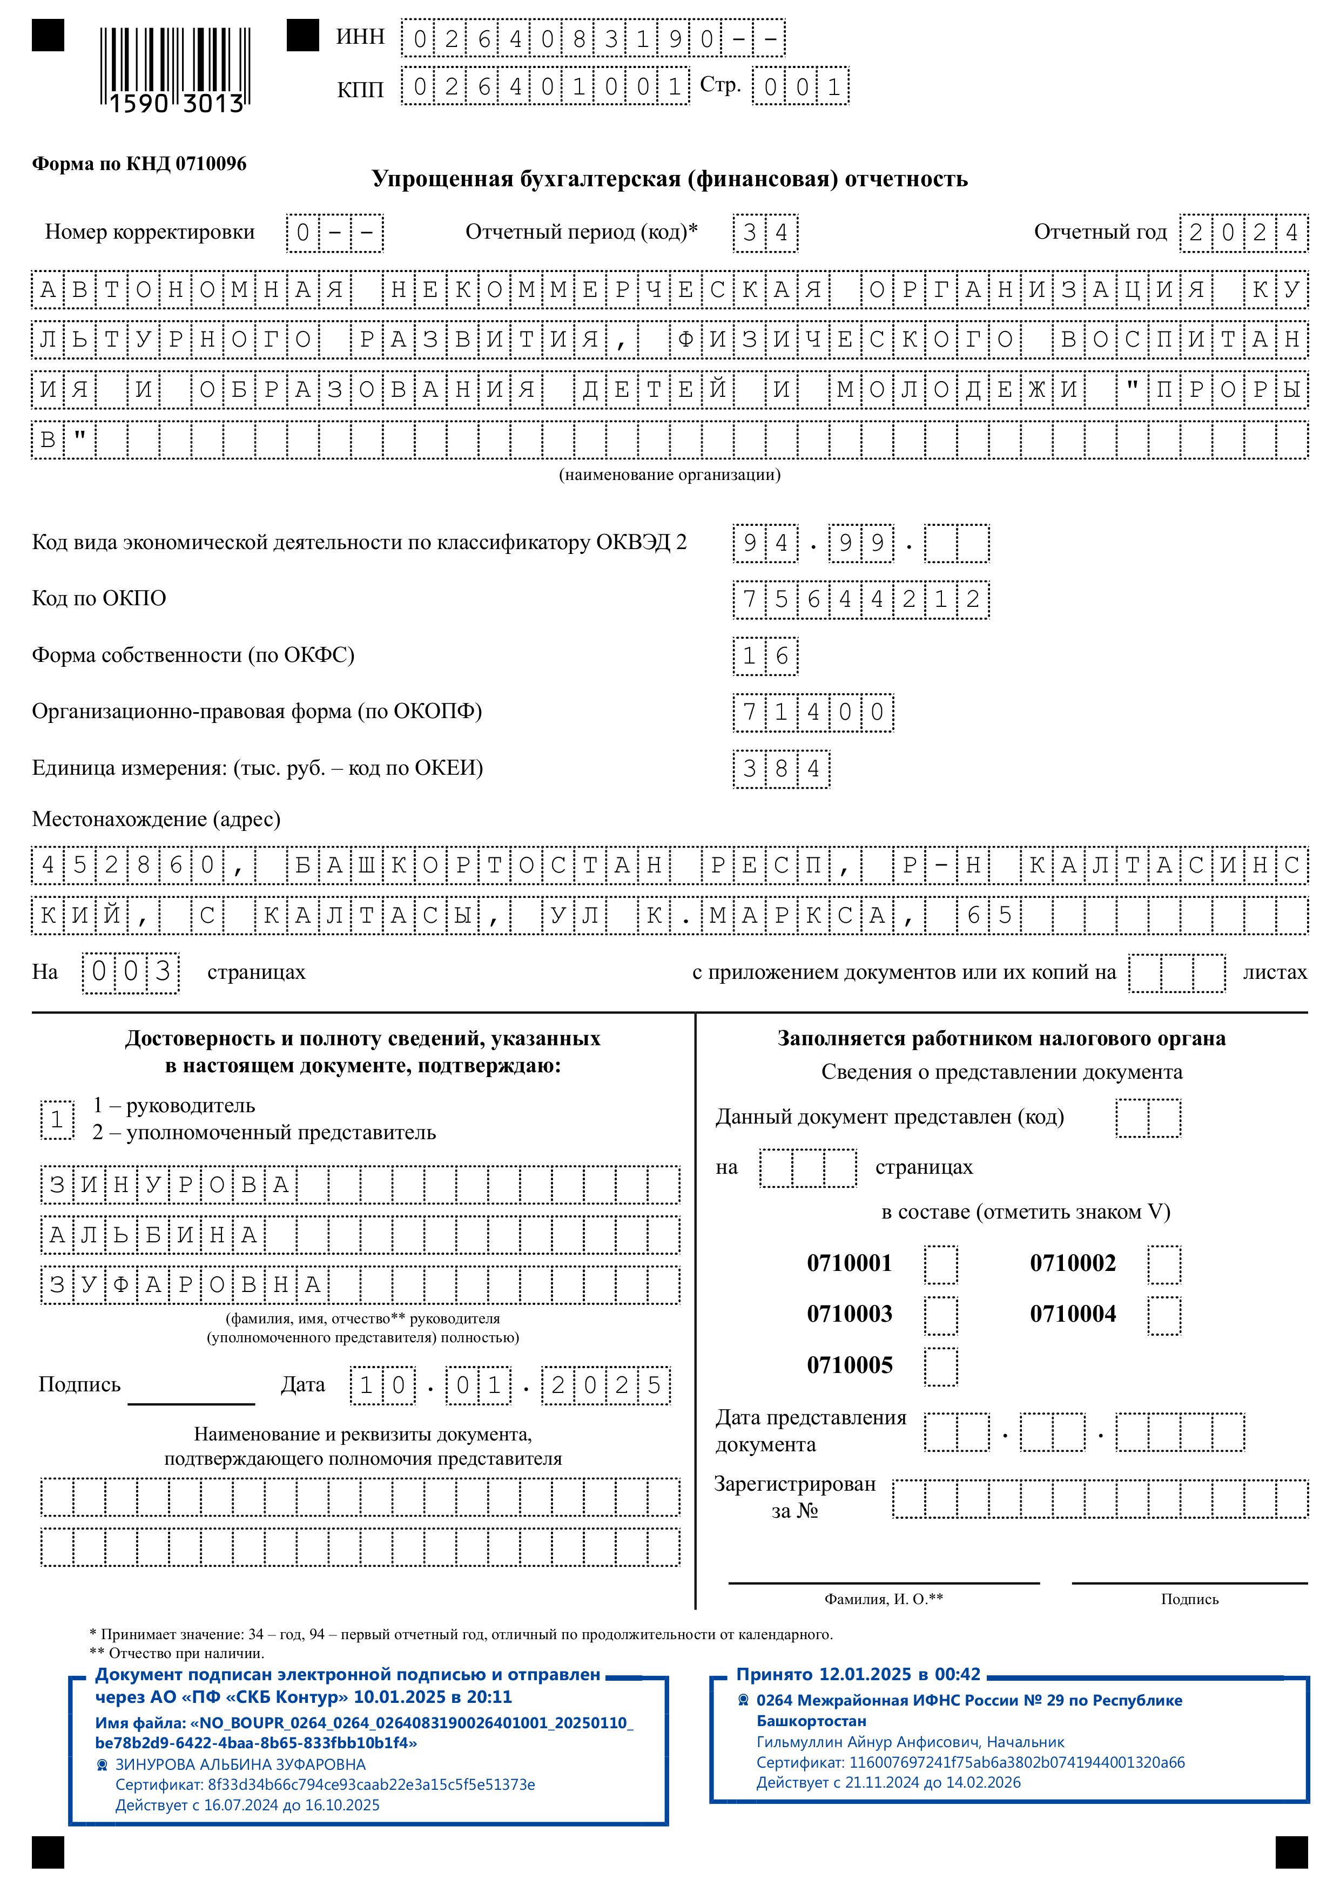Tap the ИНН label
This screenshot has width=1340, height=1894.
tap(361, 37)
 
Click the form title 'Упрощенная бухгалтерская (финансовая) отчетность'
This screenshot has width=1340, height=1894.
tap(669, 179)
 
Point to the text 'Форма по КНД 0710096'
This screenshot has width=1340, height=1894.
tap(139, 164)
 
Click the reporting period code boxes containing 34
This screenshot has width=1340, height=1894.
tap(765, 233)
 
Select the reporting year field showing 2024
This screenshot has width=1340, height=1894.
tap(1243, 233)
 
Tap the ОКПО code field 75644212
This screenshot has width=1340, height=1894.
tap(860, 600)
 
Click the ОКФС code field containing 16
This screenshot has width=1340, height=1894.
tap(765, 657)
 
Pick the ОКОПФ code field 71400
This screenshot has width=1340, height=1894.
tap(813, 713)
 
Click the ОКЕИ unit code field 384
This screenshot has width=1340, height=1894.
tap(780, 769)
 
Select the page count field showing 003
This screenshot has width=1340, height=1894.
tap(130, 972)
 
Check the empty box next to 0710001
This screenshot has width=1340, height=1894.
tap(941, 1264)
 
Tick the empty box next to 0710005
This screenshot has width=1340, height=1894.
tap(941, 1367)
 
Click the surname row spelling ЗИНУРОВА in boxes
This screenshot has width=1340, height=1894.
tap(361, 1186)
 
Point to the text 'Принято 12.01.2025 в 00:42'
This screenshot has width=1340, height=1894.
tap(858, 1675)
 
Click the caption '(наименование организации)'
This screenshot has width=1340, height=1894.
tap(669, 475)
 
